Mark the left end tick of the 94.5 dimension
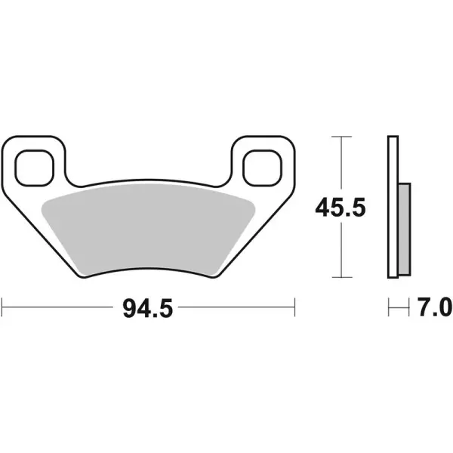[x=4, y=307]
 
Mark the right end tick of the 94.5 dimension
[x=294, y=307]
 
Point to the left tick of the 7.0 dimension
[x=389, y=307]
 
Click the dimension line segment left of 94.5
[x=60, y=307]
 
